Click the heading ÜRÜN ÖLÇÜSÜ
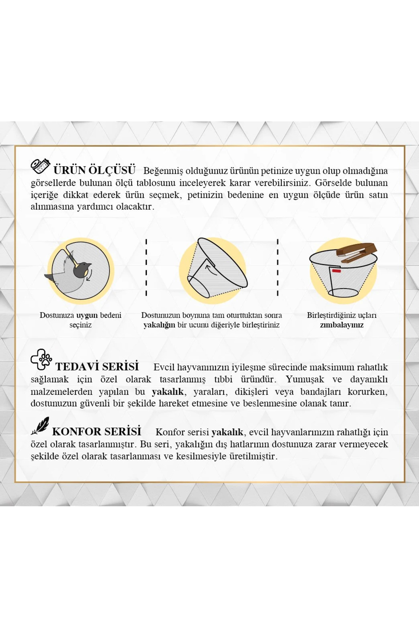click(x=94, y=170)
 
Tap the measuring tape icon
click(x=41, y=166)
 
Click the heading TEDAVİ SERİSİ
click(x=97, y=366)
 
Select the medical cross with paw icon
click(x=41, y=359)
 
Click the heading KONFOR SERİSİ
click(x=97, y=431)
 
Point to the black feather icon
click(x=40, y=426)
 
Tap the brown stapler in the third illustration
click(x=356, y=253)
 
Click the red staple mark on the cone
click(x=336, y=271)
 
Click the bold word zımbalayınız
click(x=342, y=325)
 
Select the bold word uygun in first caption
click(x=87, y=315)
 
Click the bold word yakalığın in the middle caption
click(x=159, y=325)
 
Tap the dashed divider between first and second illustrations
click(x=146, y=267)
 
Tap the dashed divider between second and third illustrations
click(x=278, y=267)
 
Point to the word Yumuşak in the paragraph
click(x=305, y=379)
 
